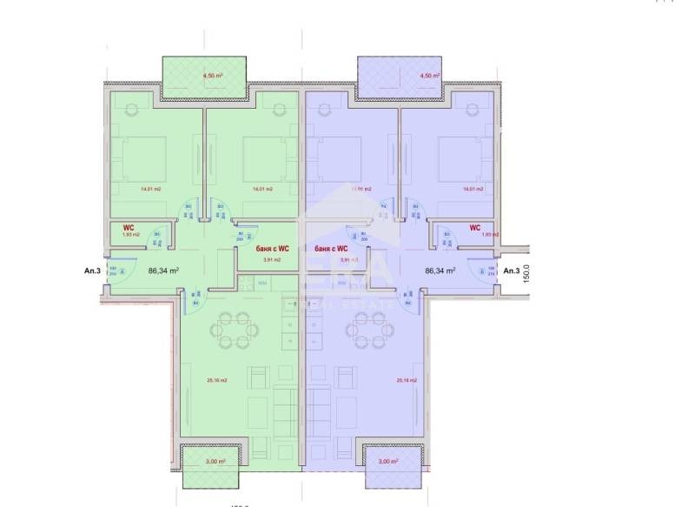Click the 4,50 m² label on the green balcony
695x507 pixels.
(x=213, y=76)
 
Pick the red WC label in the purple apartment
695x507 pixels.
(x=475, y=227)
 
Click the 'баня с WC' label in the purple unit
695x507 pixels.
(x=333, y=249)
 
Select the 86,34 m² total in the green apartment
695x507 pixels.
(x=163, y=270)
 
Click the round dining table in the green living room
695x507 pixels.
(x=235, y=330)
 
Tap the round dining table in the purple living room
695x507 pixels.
(x=366, y=330)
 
